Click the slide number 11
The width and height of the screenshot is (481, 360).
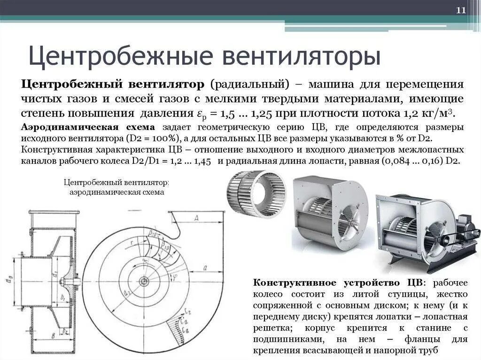pos(461,11)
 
